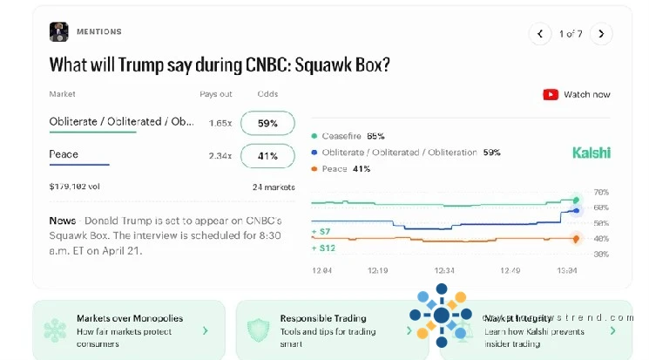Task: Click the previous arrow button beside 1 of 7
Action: click(x=540, y=34)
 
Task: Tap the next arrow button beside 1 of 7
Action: click(x=601, y=34)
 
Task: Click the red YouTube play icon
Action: click(x=551, y=94)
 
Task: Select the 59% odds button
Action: click(x=267, y=123)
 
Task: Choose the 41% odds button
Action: click(x=267, y=156)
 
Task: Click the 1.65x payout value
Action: click(x=220, y=123)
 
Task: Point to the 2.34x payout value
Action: click(x=220, y=156)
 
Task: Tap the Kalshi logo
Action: click(x=592, y=153)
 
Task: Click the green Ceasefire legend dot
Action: click(x=314, y=137)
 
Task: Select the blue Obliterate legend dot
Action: click(x=314, y=153)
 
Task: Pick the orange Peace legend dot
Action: click(x=314, y=168)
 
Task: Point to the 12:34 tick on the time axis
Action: click(x=444, y=270)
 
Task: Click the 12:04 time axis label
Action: click(x=321, y=270)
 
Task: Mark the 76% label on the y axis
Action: click(x=601, y=192)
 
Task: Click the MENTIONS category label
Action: click(x=98, y=32)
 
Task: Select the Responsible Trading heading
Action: click(x=323, y=318)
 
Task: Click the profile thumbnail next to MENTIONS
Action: click(x=59, y=32)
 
